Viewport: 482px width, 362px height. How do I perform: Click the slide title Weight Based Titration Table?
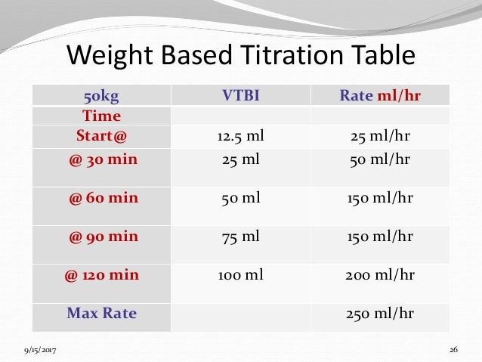[x=240, y=56]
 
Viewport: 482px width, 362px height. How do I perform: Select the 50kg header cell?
[x=101, y=96]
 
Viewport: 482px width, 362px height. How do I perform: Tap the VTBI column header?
[x=241, y=96]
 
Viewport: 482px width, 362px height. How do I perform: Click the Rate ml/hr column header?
[x=380, y=96]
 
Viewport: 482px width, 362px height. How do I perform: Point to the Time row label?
[x=101, y=116]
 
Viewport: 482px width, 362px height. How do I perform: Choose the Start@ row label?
[x=101, y=136]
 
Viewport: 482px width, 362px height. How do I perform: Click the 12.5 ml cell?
[x=241, y=136]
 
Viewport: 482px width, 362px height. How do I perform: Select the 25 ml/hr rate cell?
[x=380, y=136]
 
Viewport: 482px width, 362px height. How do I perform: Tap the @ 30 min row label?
[x=101, y=159]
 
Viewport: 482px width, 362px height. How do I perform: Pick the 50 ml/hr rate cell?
[x=380, y=159]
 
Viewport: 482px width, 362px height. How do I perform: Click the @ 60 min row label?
[x=101, y=198]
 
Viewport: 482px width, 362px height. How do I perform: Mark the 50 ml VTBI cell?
[x=241, y=198]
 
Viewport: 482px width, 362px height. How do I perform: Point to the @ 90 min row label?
[x=101, y=236]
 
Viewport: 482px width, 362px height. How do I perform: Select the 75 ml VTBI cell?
[x=241, y=236]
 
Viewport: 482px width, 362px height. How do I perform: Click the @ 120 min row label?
[x=101, y=274]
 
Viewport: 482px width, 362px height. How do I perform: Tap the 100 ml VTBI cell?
[x=241, y=274]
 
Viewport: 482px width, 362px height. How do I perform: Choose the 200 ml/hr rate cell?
[x=380, y=274]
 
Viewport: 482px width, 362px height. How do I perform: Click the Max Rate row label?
[x=101, y=312]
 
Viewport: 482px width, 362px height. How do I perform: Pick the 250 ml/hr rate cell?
[x=380, y=312]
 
